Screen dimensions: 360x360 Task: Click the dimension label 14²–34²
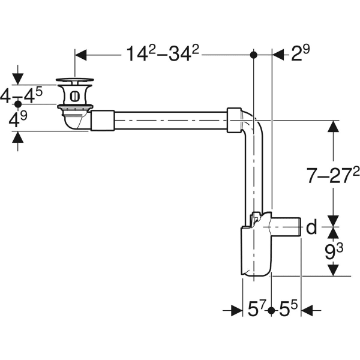162,54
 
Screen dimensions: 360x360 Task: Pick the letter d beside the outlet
311,227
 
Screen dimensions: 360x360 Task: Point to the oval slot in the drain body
74,95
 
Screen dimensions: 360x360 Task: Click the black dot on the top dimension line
254,55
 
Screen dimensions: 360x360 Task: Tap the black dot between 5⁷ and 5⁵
272,310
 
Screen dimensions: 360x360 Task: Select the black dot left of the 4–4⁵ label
17,104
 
